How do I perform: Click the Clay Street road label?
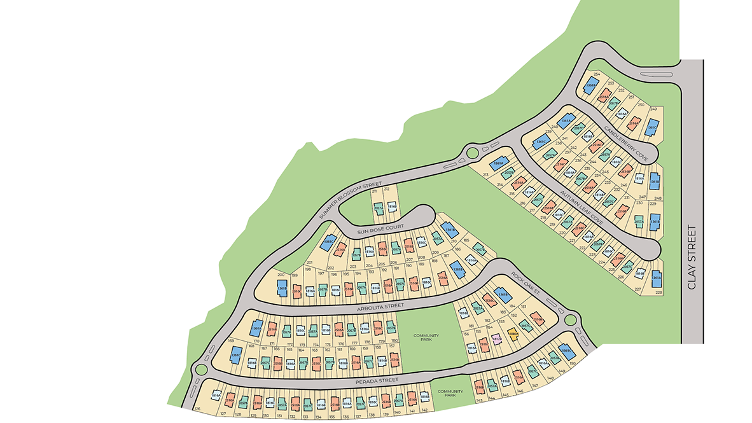[x=692, y=257]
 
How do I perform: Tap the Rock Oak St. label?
[x=526, y=284]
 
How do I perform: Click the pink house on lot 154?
[x=498, y=339]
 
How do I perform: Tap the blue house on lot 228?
[x=655, y=277]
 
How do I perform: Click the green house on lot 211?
[x=379, y=207]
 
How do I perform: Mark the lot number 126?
[x=198, y=408]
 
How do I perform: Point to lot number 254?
[x=596, y=74]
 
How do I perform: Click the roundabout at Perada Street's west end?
[x=202, y=369]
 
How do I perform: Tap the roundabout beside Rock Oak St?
[x=570, y=318]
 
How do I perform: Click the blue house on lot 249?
[x=651, y=127]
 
